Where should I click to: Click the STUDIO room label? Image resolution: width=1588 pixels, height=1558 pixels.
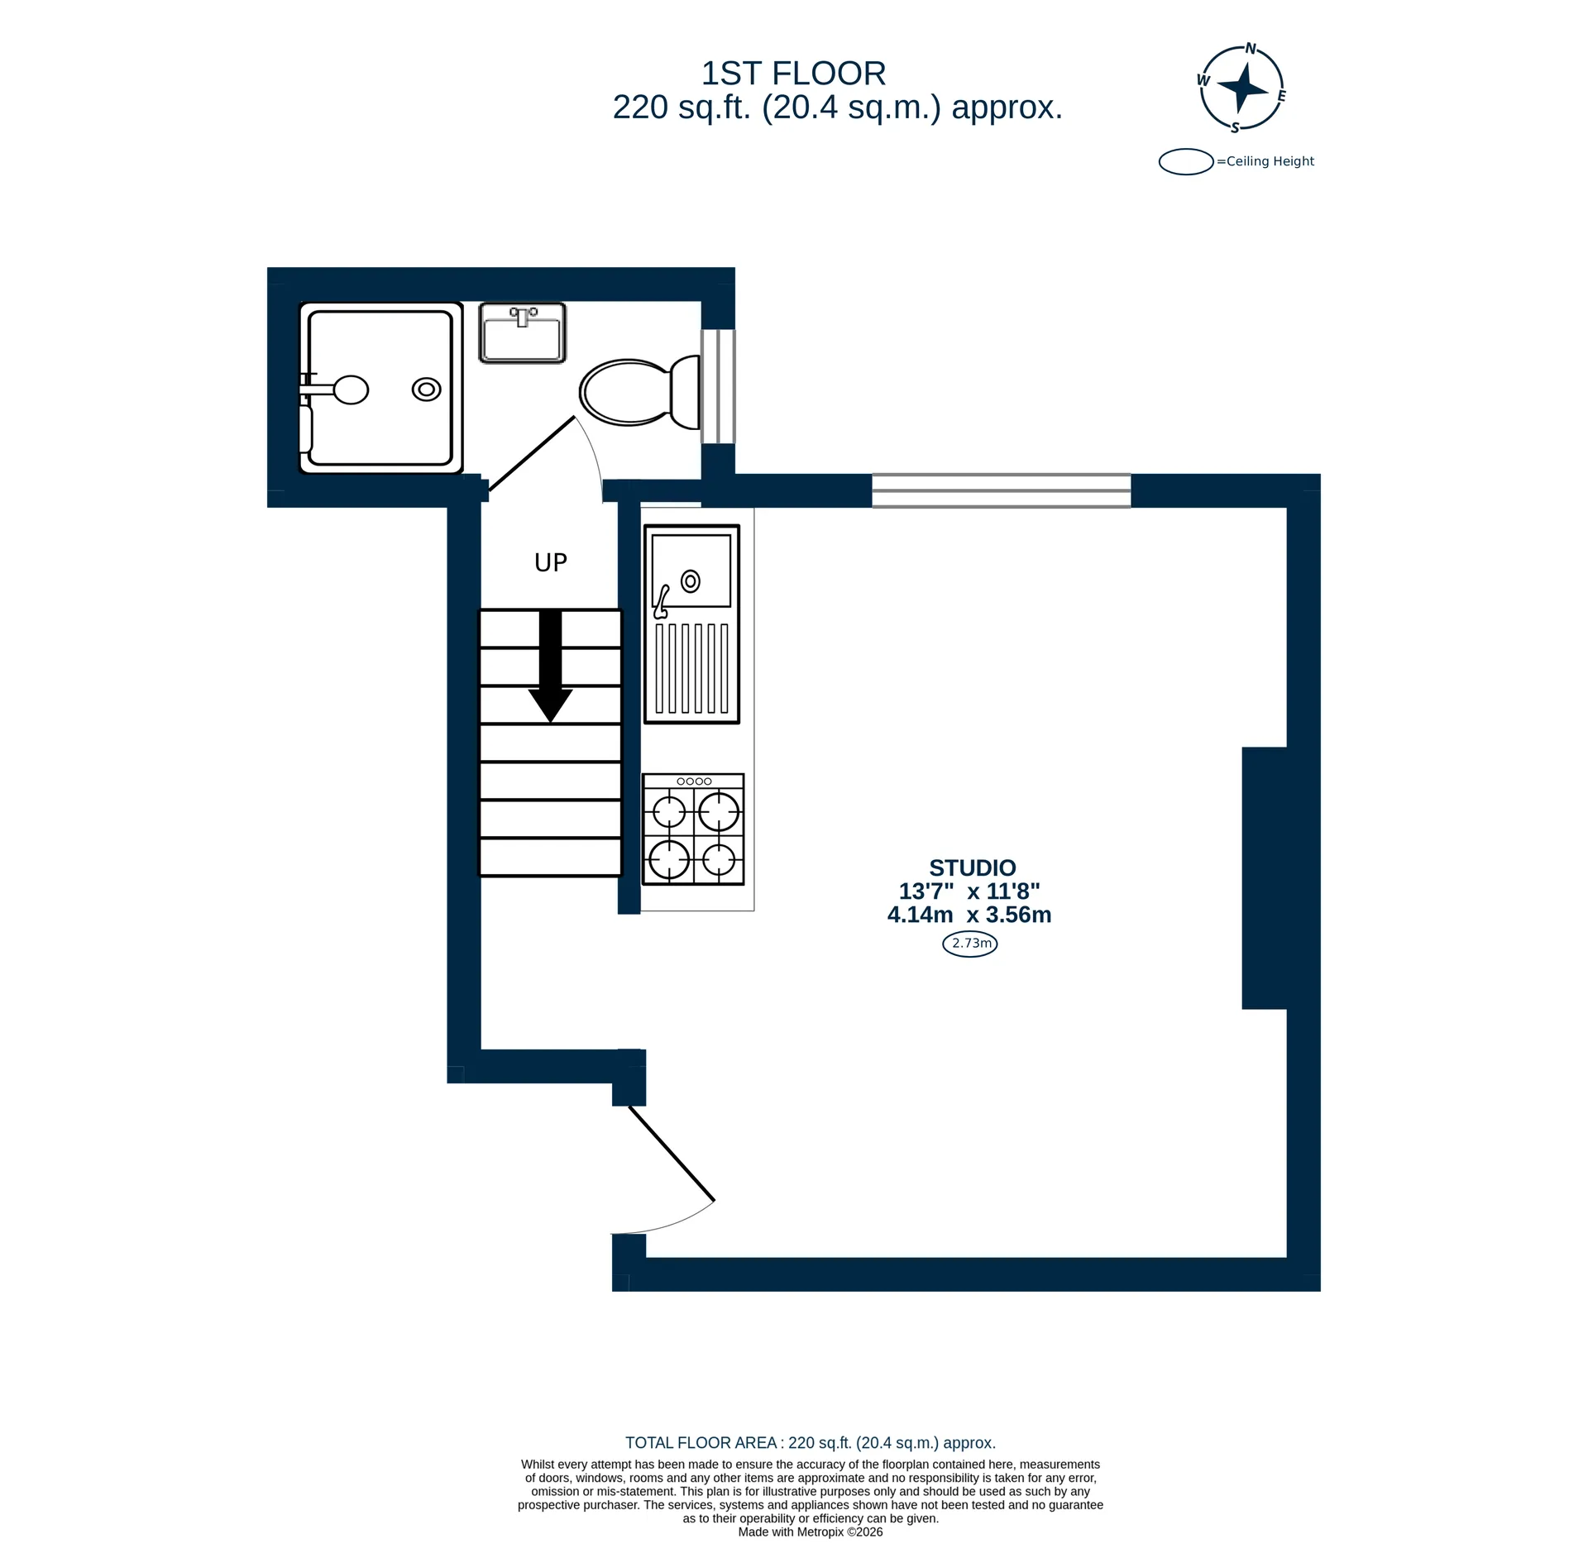972,868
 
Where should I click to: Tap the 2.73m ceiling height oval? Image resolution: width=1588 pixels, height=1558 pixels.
970,944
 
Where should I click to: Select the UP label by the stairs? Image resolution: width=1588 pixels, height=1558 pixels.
551,563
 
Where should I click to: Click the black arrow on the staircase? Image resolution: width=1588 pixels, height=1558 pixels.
551,666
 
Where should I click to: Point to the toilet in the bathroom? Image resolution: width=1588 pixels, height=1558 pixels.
639,392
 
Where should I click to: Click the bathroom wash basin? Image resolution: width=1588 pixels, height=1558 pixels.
523,332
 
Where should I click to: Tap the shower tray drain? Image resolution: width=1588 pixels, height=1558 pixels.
427,389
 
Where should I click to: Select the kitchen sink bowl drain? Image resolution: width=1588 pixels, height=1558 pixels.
691,581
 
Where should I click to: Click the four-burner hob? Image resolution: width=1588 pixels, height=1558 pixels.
693,829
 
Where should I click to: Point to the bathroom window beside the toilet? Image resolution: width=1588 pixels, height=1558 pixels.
718,387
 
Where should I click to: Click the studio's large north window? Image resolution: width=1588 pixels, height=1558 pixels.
1002,490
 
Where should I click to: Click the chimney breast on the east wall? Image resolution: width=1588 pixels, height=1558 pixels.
1265,878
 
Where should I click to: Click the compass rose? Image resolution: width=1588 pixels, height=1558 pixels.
1241,88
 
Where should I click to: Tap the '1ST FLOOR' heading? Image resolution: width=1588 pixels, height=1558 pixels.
793,74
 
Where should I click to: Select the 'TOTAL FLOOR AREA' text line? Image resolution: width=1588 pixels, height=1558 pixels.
811,1442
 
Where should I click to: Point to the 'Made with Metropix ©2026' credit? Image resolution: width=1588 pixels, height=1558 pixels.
811,1532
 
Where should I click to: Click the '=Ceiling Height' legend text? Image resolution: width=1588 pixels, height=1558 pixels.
1265,161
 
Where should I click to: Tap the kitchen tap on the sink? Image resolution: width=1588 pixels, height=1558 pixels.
662,602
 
